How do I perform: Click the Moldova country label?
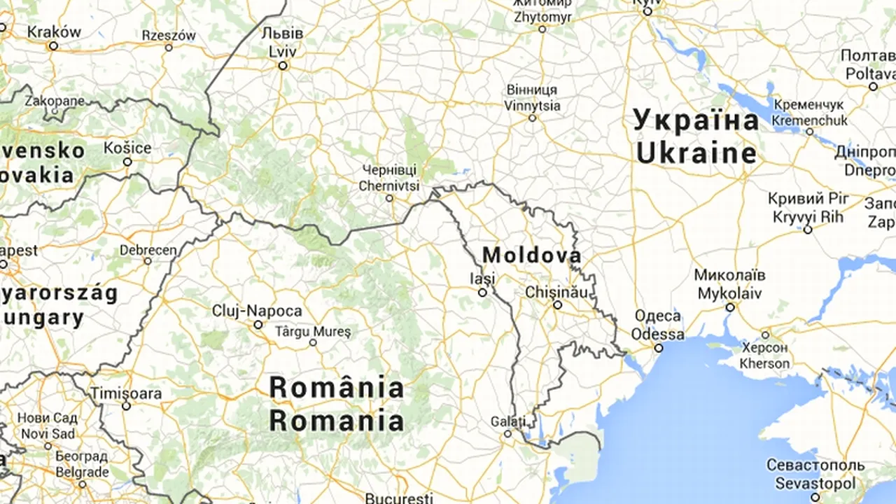coord(531,255)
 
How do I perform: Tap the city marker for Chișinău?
coord(558,305)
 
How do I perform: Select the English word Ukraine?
coord(696,153)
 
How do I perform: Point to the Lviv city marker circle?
coord(283,66)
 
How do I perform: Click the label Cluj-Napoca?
coord(258,311)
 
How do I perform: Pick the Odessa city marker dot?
coord(659,348)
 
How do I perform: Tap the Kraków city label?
coord(54,31)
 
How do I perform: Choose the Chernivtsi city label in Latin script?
coord(389,185)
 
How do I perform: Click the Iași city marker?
coord(482,293)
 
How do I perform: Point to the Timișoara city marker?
coord(126,406)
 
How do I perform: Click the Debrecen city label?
coord(148,250)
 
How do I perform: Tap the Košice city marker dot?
coord(127,162)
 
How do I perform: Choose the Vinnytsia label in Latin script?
coord(532,106)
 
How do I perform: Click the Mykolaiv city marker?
coord(730,307)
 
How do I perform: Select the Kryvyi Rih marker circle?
coord(808,230)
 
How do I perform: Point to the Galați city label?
coord(508,421)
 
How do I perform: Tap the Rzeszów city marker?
coord(169,48)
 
